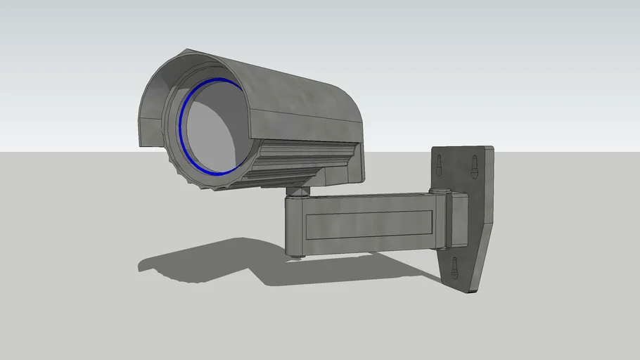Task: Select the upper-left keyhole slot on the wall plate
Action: pos(439,164)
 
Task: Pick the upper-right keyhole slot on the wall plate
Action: pos(474,166)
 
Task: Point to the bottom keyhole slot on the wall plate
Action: pos(454,266)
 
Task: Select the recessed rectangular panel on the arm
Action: pos(369,224)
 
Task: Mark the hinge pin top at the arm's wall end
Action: pos(442,190)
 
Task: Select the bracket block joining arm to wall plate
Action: pos(458,219)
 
